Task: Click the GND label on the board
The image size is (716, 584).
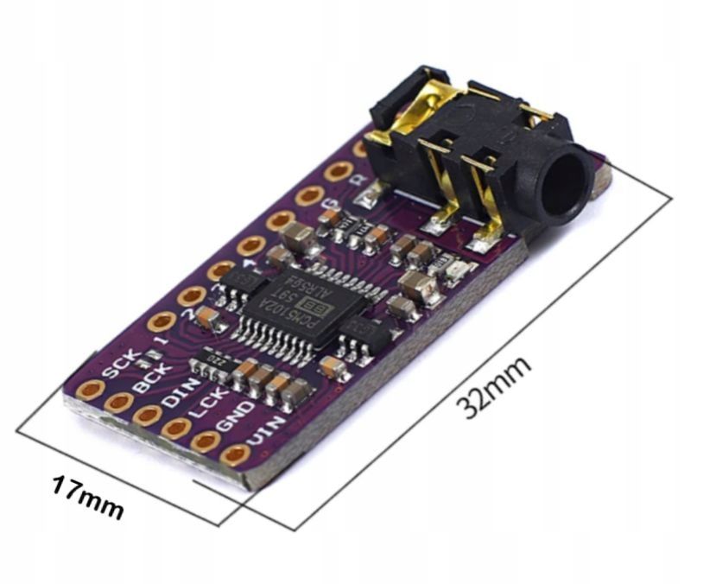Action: [x=234, y=417]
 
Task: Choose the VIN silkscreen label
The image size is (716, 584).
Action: [x=262, y=432]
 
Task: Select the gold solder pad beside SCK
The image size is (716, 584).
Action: [x=87, y=390]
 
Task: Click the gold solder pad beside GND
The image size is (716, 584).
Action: [x=206, y=441]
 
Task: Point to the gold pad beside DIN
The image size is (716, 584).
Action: [x=148, y=416]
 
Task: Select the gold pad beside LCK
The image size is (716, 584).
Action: [x=177, y=428]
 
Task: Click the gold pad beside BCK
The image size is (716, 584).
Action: [x=117, y=402]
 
